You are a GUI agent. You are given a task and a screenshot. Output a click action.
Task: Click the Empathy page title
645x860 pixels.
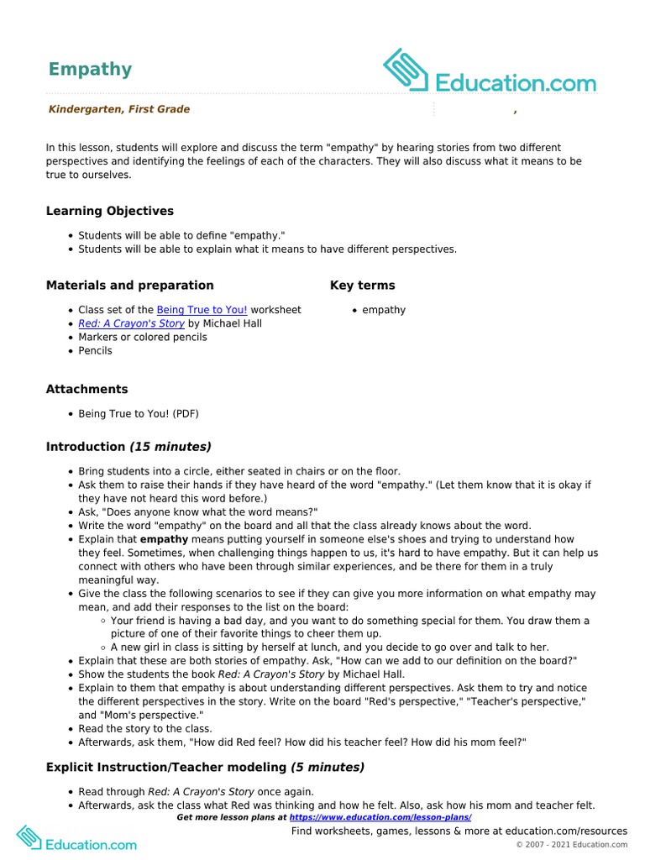point(90,69)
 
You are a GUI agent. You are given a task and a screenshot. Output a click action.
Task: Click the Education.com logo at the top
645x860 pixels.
point(490,72)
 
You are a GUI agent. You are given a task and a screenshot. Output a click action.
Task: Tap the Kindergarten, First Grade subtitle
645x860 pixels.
point(118,109)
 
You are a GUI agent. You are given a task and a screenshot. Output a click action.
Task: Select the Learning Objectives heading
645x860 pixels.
point(109,211)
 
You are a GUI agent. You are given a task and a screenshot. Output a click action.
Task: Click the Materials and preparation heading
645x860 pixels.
point(129,286)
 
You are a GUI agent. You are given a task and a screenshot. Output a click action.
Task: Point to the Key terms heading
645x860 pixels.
point(362,286)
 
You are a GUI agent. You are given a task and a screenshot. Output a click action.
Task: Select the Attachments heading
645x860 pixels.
point(87,389)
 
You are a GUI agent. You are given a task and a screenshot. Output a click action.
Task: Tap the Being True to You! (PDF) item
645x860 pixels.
point(139,414)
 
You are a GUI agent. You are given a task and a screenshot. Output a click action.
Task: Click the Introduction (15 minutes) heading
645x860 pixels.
point(128,447)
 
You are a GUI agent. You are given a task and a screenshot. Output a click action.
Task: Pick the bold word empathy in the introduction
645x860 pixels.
point(164,539)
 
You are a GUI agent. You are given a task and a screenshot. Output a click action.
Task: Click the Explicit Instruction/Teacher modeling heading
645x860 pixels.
point(205,767)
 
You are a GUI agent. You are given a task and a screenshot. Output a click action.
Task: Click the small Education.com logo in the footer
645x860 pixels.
point(76,839)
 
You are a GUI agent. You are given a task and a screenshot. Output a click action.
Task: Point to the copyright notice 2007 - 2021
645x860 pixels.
point(571,844)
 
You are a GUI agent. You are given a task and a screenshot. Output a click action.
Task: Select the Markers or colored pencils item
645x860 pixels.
point(142,337)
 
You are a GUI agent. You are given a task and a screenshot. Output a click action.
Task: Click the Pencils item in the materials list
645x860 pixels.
point(95,350)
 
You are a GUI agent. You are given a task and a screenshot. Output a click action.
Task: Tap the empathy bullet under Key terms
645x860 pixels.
point(383,310)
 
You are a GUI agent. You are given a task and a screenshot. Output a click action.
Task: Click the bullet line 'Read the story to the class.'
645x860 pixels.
point(144,729)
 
